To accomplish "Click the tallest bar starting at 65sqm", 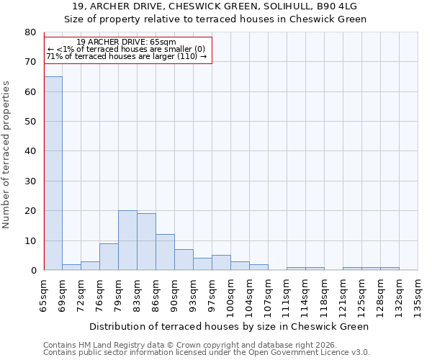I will click(x=53, y=173).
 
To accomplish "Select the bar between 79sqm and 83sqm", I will click(x=127, y=240).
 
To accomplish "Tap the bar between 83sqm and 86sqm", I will click(x=146, y=242).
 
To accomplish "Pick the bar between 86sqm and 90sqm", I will click(x=165, y=252).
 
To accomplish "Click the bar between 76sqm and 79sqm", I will click(x=109, y=256).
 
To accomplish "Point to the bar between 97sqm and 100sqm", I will click(x=221, y=263).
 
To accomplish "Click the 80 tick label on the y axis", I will click(x=30, y=32).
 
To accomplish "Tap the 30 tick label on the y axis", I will click(x=30, y=181).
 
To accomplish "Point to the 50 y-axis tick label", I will click(x=30, y=122).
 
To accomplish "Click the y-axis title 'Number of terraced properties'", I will click(x=7, y=154).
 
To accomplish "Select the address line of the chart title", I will click(x=215, y=6).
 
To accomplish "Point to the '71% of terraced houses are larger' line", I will click(x=126, y=56).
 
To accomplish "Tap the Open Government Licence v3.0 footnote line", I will click(x=207, y=353).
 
